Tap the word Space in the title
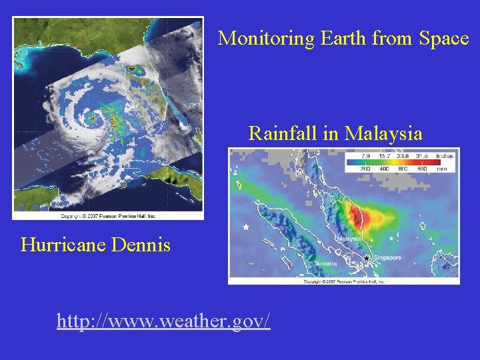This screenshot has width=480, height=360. coord(444,39)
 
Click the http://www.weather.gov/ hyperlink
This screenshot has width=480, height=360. coord(163,322)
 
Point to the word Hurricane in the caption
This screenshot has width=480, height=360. coord(61,245)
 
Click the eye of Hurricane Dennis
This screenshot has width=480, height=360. coord(94,122)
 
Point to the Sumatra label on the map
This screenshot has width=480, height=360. coord(326,264)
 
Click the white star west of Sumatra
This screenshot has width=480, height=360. coord(246,227)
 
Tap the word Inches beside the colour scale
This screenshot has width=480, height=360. coord(445,156)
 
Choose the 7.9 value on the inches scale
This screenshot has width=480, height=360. coord(365,156)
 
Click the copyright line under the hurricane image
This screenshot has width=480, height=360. coord(108,215)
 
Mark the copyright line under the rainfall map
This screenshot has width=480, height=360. coord(344,281)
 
